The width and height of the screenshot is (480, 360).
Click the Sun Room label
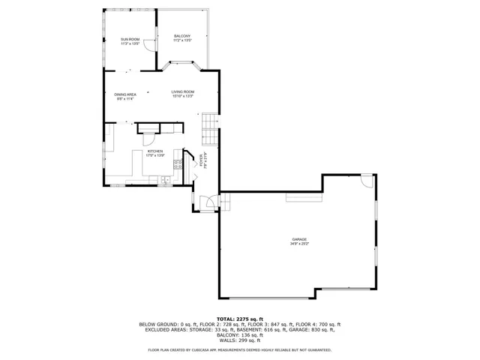[x=130, y=39]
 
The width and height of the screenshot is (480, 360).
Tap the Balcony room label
[x=182, y=37]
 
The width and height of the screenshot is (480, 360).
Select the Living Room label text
[x=183, y=91]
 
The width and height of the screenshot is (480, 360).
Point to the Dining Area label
[x=125, y=94]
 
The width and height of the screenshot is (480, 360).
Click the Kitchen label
[x=155, y=151]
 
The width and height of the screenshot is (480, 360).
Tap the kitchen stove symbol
[x=178, y=158]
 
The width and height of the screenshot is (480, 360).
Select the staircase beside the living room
[x=210, y=130]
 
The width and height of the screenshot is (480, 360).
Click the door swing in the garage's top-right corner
[x=365, y=181]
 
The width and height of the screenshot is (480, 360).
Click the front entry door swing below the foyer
[x=212, y=200]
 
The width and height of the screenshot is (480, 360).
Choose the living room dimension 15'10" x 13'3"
[x=183, y=96]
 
